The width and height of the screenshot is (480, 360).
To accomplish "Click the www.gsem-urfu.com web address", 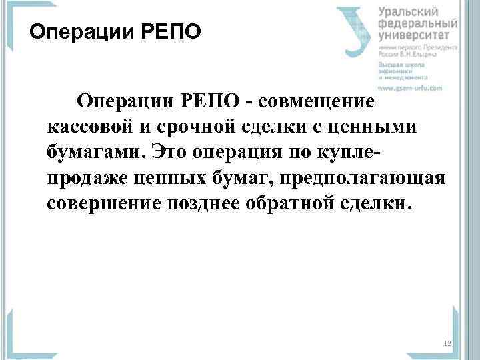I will (411, 87).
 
